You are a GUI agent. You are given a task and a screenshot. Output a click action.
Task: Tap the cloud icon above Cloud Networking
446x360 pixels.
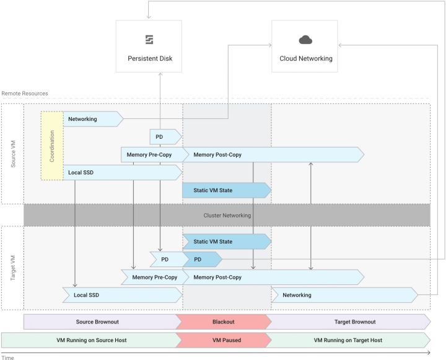tap(305, 40)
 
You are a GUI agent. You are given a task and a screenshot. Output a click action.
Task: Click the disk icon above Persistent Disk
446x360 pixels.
tap(149, 40)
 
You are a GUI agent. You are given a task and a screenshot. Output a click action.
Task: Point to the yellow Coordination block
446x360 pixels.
tap(52, 146)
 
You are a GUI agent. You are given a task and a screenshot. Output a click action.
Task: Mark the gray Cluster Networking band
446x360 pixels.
tap(227, 215)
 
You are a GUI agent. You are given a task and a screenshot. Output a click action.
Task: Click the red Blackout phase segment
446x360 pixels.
tap(224, 322)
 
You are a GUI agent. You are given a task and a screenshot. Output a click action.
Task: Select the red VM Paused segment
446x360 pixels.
tap(224, 340)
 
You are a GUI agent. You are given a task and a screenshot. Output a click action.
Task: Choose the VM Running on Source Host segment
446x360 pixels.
tap(90, 340)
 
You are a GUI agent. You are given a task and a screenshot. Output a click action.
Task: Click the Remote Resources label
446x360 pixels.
tap(25, 94)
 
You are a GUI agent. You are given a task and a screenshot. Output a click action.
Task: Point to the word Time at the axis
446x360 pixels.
tap(7, 357)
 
